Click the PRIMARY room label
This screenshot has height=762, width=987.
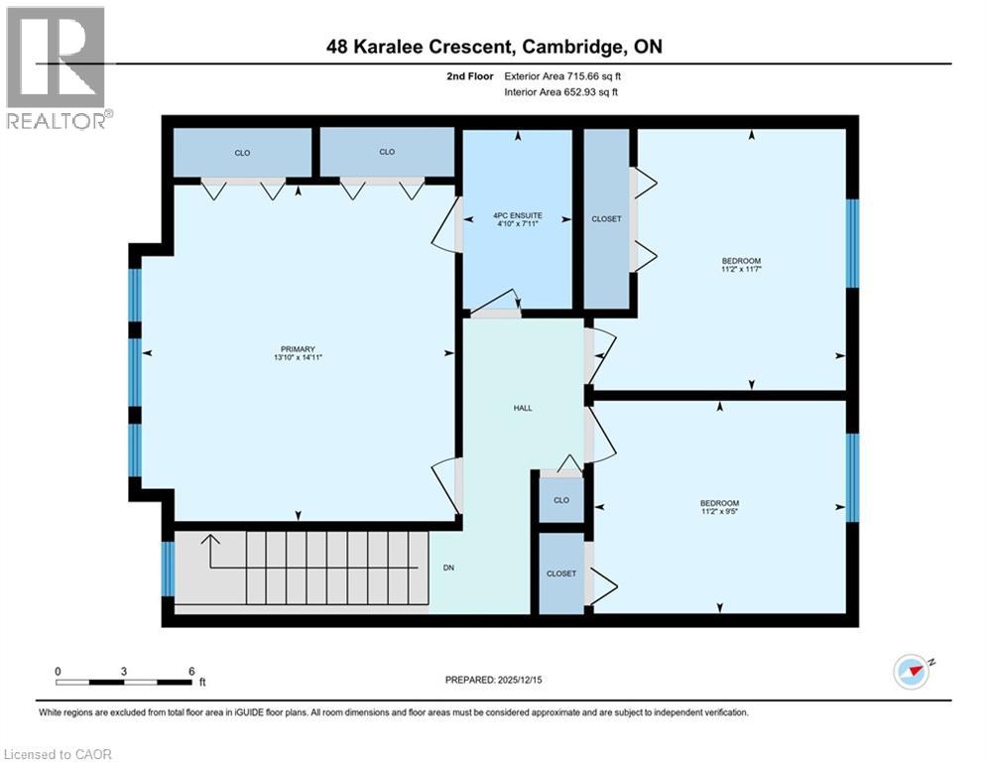click(x=298, y=348)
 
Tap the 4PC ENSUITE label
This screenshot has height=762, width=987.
click(x=517, y=214)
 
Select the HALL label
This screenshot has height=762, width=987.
click(x=523, y=408)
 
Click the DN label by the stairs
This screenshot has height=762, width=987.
click(x=448, y=569)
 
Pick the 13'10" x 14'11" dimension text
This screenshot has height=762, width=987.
click(x=298, y=358)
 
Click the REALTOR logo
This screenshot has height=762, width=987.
click(x=57, y=67)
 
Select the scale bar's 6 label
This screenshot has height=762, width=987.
click(x=190, y=671)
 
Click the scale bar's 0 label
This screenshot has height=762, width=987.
click(x=58, y=671)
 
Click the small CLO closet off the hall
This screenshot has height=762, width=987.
click(x=561, y=500)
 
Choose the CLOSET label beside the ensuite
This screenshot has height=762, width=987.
click(x=606, y=219)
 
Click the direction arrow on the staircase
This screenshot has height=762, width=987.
click(x=209, y=543)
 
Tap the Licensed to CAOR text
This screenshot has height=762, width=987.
click(x=58, y=754)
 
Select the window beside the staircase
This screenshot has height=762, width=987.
click(x=168, y=569)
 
